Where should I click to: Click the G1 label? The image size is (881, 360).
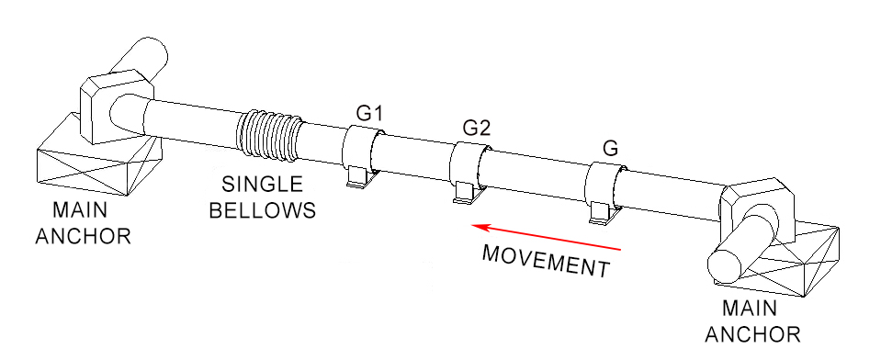tap(370, 114)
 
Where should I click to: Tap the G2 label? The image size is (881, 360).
tap(476, 127)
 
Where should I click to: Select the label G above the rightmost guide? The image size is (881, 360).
tap(609, 147)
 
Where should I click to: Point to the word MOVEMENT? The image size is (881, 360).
tap(546, 260)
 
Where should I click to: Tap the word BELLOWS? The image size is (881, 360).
tap(263, 209)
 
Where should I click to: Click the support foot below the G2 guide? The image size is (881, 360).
tap(467, 194)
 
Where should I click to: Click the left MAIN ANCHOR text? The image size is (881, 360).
tap(83, 224)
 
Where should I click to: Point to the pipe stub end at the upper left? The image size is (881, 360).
tap(147, 60)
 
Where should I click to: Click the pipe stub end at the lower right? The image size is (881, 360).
tap(726, 266)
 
